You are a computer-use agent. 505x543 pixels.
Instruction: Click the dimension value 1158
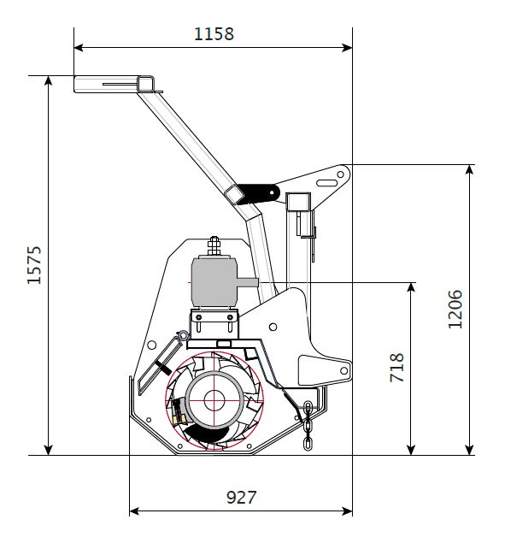pos(214,34)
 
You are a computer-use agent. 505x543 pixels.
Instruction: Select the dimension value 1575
pos(34,265)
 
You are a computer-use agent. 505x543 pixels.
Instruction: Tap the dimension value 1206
pos(455,310)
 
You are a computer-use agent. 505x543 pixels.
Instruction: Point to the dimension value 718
pos(396,368)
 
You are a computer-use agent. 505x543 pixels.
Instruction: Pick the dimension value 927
pos(241,498)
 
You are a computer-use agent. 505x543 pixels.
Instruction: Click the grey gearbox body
pos(214,282)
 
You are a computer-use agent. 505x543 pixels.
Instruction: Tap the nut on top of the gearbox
pos(214,245)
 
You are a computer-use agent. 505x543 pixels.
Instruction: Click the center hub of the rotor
pos(214,400)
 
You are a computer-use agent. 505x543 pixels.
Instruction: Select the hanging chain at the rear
pos(308,426)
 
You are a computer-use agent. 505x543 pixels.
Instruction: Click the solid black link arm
pos(258,193)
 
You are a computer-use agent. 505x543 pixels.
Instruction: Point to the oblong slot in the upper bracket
pos(326,183)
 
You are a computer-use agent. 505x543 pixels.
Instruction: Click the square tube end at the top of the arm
pos(145,84)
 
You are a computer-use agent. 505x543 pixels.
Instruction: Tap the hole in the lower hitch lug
pos(344,370)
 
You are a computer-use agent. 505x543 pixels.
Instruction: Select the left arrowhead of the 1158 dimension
pos(79,47)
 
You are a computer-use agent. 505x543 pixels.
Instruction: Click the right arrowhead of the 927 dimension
pos(348,511)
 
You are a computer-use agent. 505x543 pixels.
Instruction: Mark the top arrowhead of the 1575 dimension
pos(49,80)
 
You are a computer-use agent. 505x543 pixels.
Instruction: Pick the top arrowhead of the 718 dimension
pos(411,287)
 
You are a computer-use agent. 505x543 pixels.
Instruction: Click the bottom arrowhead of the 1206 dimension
pos(469,450)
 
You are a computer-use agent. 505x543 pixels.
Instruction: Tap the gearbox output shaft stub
pos(247,282)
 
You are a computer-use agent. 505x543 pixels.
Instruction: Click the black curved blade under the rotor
pos(206,434)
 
